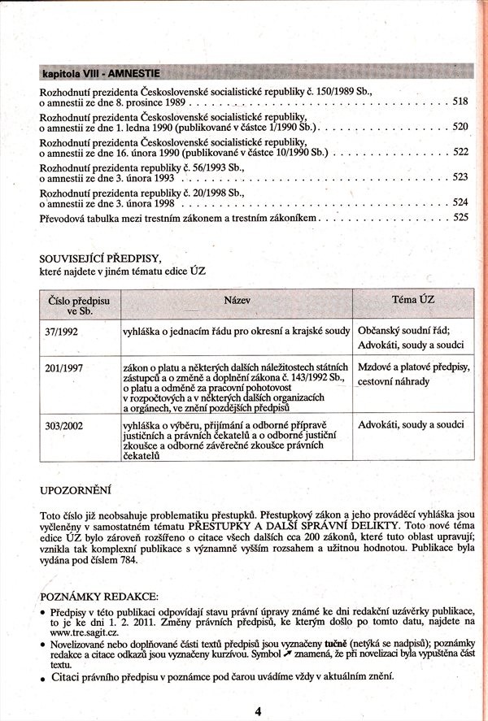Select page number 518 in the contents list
pyautogui.click(x=460, y=102)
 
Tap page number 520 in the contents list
pyautogui.click(x=460, y=128)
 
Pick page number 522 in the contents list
pyautogui.click(x=460, y=152)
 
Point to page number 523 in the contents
pyautogui.click(x=460, y=177)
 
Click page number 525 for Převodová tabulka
pyautogui.click(x=461, y=218)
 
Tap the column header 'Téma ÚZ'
pyautogui.click(x=413, y=299)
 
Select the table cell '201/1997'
pyautogui.click(x=63, y=368)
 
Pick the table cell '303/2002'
pyautogui.click(x=63, y=424)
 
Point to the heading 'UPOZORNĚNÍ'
pyautogui.click(x=76, y=490)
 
